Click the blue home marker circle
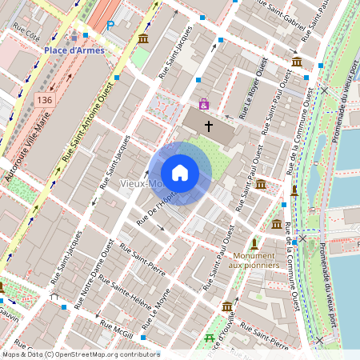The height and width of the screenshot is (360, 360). pos(180,173)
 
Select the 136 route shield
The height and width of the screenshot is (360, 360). pos(44,98)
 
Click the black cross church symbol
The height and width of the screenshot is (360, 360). pos(209,126)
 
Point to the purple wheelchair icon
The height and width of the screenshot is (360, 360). pos(204,105)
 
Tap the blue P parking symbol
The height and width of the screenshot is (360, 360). pos(111,26)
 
